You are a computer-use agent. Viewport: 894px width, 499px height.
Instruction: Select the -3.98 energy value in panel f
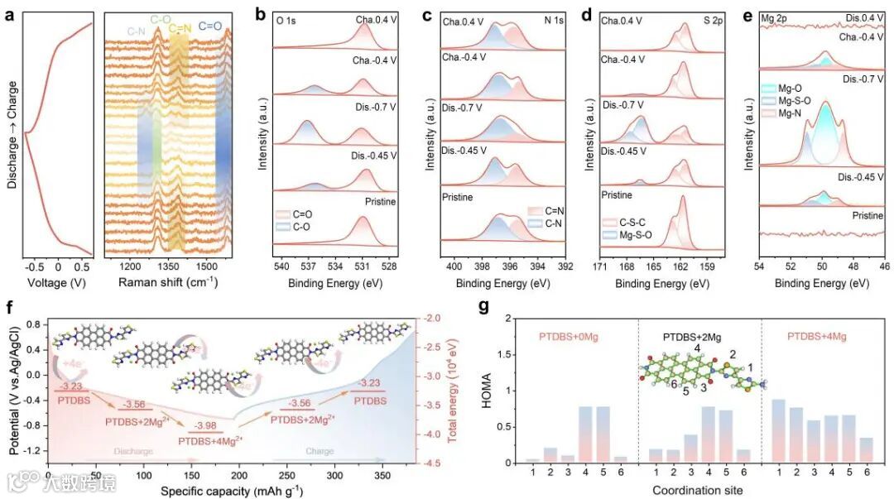[204, 425]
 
